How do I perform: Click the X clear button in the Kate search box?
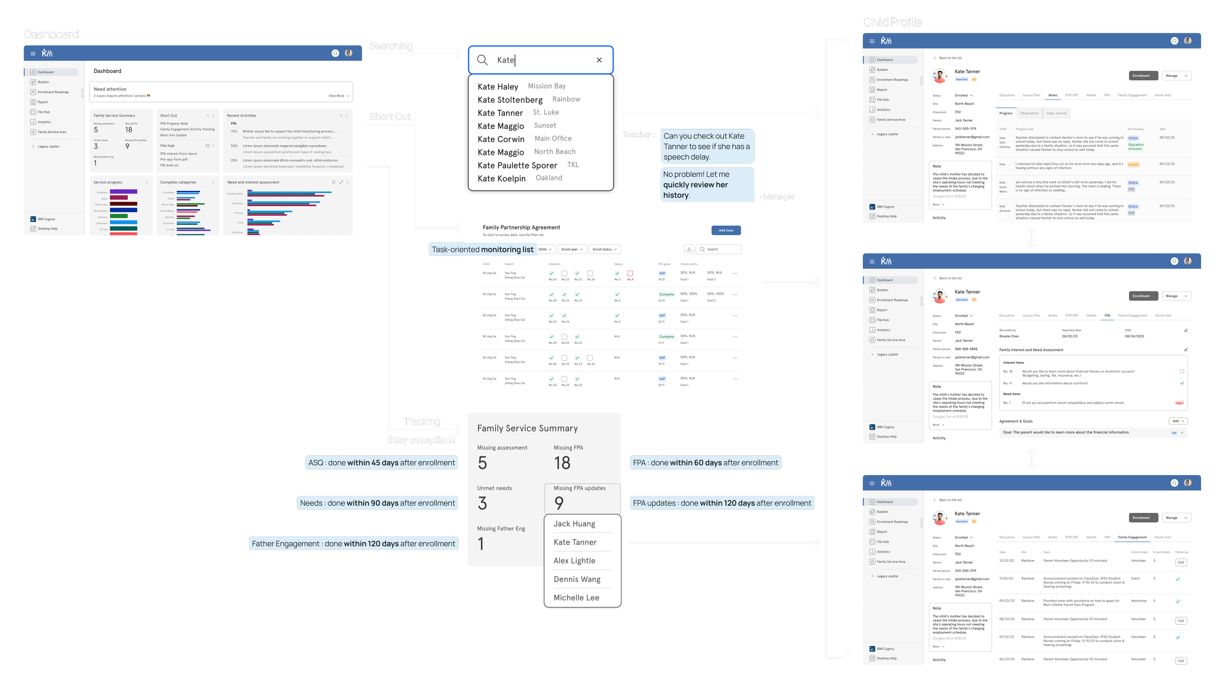click(599, 60)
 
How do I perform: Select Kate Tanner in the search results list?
click(500, 113)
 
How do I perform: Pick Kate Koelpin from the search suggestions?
click(501, 178)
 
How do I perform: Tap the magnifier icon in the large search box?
click(482, 60)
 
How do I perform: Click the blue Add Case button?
click(726, 230)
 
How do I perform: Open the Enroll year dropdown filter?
click(572, 249)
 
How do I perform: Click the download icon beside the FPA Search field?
click(688, 249)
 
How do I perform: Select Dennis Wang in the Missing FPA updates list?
click(577, 579)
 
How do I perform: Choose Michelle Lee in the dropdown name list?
click(576, 598)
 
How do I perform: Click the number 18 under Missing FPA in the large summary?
click(562, 463)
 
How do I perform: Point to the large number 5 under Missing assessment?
click(482, 463)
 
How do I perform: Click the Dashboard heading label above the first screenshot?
click(51, 34)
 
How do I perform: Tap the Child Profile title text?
click(892, 22)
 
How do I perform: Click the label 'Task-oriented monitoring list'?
click(482, 250)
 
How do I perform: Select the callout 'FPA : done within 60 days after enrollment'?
click(705, 462)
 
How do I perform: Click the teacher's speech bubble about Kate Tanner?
click(707, 146)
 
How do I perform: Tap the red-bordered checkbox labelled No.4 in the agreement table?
click(630, 273)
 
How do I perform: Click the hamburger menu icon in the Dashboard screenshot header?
click(33, 53)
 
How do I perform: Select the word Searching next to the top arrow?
click(391, 46)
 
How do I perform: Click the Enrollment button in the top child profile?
click(1141, 76)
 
